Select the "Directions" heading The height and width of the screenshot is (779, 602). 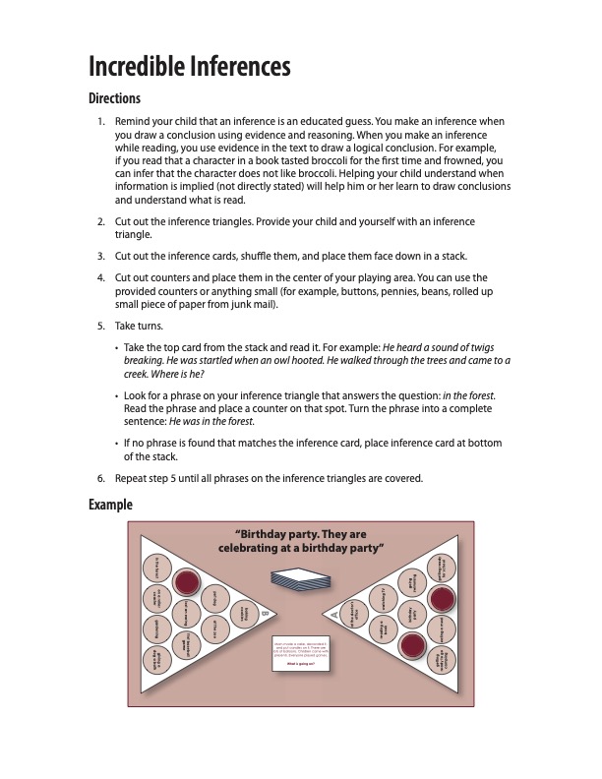(x=114, y=98)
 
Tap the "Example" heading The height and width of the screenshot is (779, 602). (x=110, y=505)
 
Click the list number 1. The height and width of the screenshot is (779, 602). (x=100, y=121)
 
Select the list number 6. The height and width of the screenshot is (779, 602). (x=100, y=479)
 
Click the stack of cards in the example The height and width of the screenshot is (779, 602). (x=300, y=578)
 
